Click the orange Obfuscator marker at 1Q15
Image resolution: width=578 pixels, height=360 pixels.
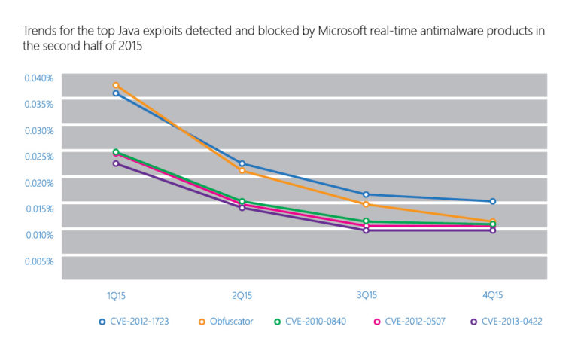point(116,85)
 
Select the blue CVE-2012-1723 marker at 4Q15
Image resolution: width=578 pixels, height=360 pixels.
point(493,201)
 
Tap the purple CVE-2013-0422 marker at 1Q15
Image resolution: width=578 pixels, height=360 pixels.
point(116,163)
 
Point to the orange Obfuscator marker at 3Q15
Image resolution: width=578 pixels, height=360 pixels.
point(367,204)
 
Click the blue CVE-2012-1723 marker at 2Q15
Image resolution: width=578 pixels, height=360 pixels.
point(242,163)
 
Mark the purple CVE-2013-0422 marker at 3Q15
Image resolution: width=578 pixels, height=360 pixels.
point(367,230)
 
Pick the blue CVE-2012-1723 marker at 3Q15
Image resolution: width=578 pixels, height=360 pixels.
point(367,194)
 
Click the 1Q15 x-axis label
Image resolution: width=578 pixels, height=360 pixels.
point(116,294)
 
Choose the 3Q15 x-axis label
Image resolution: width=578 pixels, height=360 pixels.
point(367,294)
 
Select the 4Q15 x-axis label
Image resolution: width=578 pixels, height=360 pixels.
point(493,294)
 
